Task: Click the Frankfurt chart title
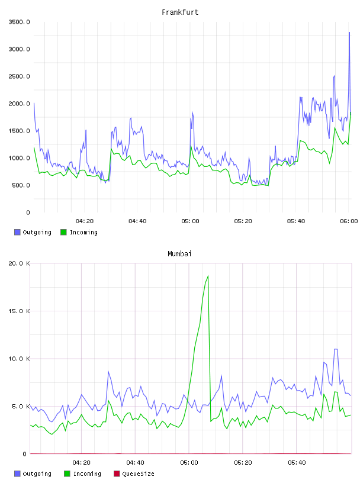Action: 180,12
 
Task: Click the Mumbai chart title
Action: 179,253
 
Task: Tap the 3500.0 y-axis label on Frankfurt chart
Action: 19,22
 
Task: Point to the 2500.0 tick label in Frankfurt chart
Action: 19,76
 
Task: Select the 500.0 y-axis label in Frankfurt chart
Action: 21,185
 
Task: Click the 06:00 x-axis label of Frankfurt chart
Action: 349,221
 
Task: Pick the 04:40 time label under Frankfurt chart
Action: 137,221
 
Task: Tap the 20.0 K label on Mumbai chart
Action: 19,263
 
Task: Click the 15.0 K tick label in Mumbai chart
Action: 19,311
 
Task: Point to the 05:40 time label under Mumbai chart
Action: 297,462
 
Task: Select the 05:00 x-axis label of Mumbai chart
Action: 189,462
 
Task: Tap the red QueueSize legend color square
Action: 117,474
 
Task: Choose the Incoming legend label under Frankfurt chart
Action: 84,232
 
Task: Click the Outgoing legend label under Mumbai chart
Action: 37,474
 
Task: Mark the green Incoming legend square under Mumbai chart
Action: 67,474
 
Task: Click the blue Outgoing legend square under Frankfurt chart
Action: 17,232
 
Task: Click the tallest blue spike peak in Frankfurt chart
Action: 349,32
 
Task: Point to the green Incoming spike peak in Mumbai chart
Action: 208,276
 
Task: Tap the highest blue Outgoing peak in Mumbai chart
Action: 336,349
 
